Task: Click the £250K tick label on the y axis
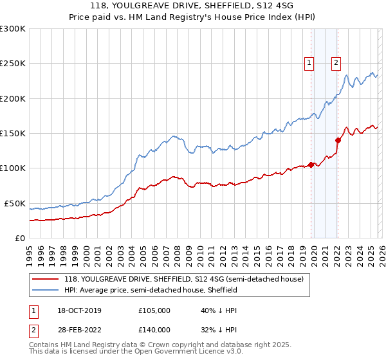[13, 64]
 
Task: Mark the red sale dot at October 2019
[311, 165]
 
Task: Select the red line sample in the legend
[46, 280]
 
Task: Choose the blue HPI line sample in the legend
[46, 291]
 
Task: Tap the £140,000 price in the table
[154, 330]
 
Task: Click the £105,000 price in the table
[154, 310]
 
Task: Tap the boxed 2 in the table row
[33, 330]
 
